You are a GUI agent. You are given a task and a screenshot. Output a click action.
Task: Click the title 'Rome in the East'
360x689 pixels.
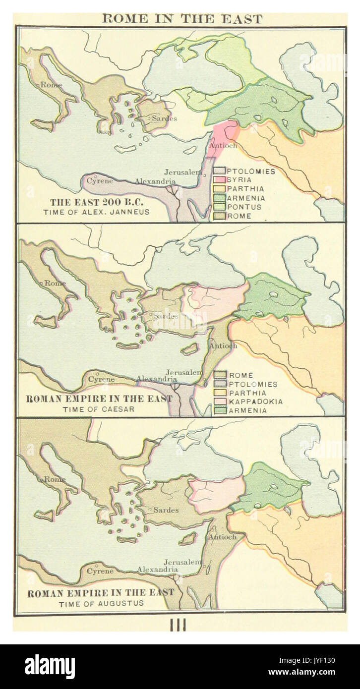pyautogui.click(x=181, y=18)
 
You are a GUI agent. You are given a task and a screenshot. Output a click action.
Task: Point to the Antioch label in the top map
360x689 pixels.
pyautogui.click(x=224, y=146)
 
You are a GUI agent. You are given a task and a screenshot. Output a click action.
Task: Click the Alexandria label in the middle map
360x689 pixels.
pyautogui.click(x=157, y=379)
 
